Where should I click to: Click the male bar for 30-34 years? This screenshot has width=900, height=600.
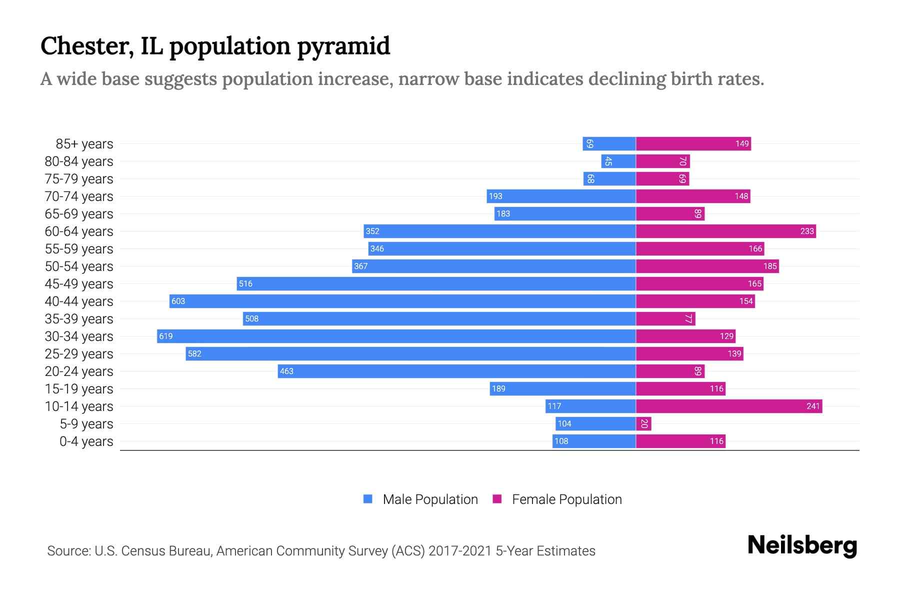coord(396,336)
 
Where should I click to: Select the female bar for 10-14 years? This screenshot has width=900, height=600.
coord(728,406)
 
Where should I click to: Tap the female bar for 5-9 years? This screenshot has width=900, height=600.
coord(643,423)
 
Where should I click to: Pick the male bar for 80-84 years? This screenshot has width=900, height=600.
coord(618,161)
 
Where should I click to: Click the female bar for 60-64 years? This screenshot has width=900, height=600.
coord(725,231)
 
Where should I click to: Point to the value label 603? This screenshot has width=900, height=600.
coord(178,301)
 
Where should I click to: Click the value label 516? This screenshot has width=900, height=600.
coord(245,283)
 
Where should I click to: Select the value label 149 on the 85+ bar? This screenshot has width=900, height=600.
coord(742,143)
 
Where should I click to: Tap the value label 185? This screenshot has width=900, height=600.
coord(770,266)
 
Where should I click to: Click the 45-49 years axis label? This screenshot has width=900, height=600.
coord(79,283)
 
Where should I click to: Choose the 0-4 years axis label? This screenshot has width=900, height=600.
coord(86,441)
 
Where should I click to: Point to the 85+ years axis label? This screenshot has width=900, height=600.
coord(84,143)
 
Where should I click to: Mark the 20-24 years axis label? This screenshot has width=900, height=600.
coord(79,371)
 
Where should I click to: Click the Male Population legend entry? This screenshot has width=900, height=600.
coord(430,499)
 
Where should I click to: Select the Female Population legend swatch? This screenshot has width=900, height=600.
coord(497,499)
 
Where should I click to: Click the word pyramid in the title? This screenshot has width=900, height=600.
coord(343,46)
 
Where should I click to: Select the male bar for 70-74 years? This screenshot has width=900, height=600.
coord(561,196)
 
